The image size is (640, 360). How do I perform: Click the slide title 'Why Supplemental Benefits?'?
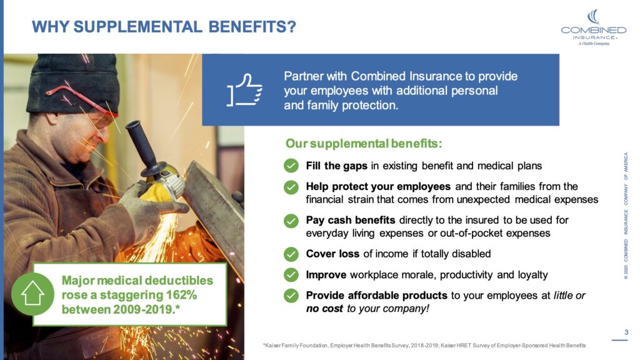tap(164, 27)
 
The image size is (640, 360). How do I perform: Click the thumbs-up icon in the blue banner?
tap(244, 91)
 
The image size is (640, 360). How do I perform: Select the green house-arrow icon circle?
tap(32, 293)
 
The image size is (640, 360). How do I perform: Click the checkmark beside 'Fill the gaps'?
tap(291, 166)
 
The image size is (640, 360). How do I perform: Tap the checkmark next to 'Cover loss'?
tap(291, 254)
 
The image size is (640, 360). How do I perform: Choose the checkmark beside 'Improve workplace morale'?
tap(291, 274)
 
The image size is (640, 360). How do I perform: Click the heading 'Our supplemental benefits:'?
tap(364, 144)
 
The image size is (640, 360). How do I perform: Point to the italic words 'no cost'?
tap(324, 309)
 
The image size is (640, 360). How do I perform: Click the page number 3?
tap(626, 332)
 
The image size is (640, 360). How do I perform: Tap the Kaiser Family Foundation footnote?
tap(425, 346)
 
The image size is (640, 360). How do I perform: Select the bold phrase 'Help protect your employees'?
tap(378, 186)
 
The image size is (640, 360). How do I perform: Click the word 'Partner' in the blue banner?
tap(305, 76)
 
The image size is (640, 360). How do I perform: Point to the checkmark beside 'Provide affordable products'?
tap(291, 295)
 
